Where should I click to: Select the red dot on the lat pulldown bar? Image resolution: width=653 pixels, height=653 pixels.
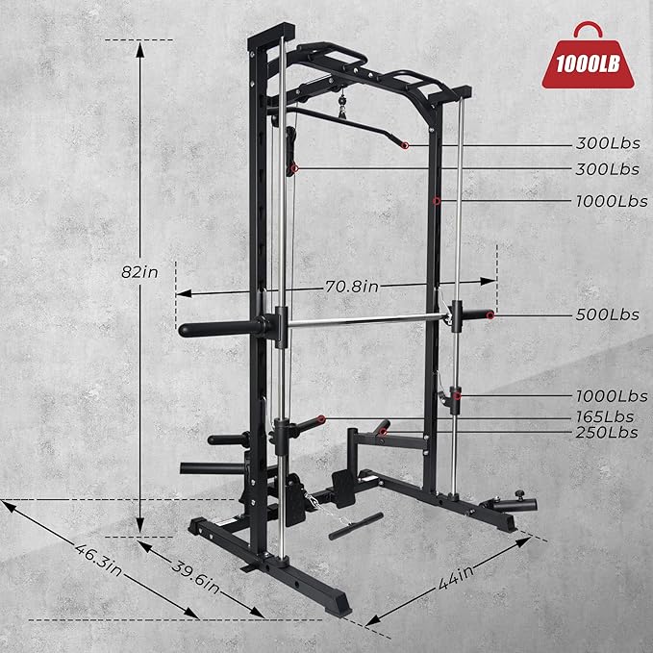tap(405, 145)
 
